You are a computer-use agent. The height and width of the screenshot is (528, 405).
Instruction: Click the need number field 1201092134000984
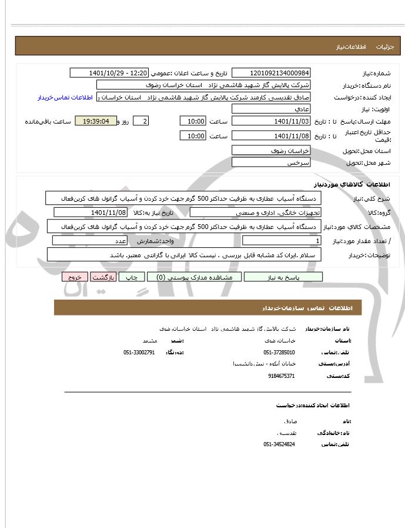click(271, 73)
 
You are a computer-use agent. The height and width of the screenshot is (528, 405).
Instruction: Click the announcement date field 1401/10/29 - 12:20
click(109, 73)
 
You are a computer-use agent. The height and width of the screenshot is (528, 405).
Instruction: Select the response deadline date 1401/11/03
click(271, 121)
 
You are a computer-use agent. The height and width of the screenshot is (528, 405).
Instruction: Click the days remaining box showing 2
click(140, 121)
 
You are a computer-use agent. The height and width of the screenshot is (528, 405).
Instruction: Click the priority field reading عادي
click(271, 109)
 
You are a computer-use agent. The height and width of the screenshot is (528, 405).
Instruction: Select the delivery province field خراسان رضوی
click(271, 151)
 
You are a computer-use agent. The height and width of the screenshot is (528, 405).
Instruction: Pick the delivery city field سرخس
click(271, 162)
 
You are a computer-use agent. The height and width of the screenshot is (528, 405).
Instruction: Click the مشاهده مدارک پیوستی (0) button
click(189, 277)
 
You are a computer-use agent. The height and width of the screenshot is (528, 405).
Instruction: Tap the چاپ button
click(133, 277)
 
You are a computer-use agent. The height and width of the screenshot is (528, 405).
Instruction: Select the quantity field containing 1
click(282, 241)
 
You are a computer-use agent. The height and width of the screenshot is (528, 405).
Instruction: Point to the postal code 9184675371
click(281, 376)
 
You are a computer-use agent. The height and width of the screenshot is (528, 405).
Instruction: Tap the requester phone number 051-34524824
click(279, 444)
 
